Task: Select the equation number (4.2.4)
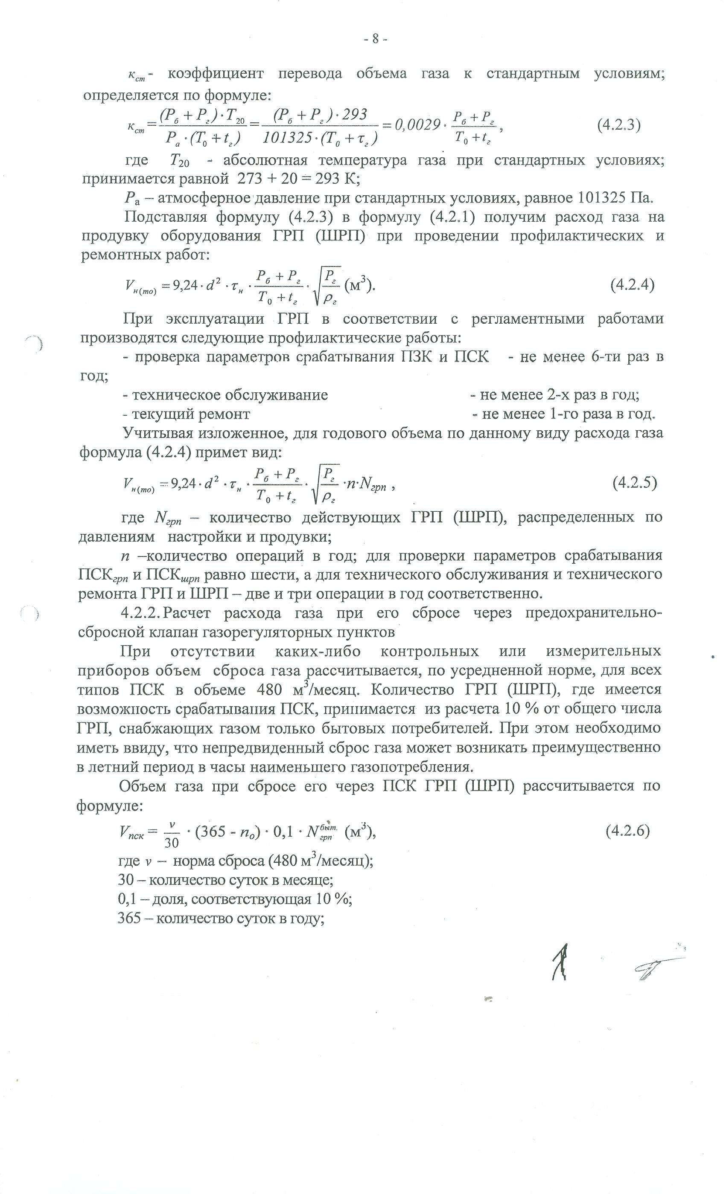pyautogui.click(x=632, y=285)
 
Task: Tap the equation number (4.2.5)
pyautogui.click(x=634, y=483)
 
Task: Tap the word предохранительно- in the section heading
pyautogui.click(x=593, y=614)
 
